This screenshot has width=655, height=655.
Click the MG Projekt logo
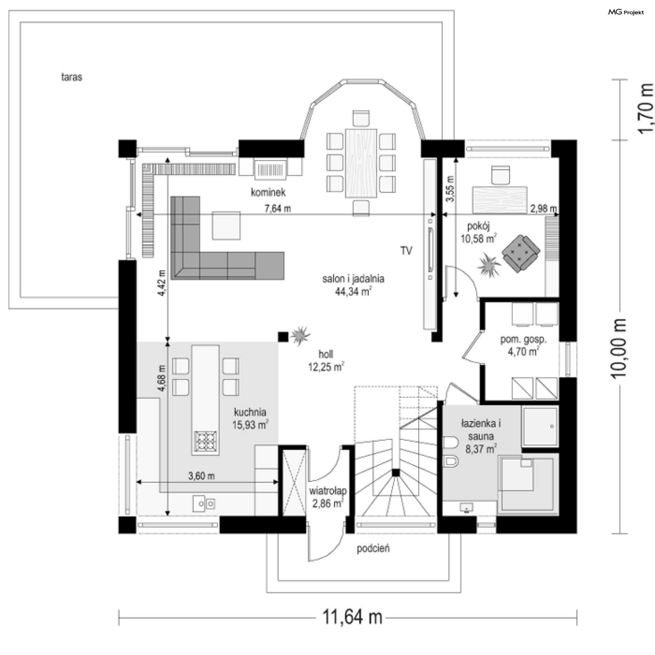tap(626, 12)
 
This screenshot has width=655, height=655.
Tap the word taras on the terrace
tap(72, 77)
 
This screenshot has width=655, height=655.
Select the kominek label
tap(268, 192)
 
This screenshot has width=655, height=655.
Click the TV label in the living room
tap(406, 251)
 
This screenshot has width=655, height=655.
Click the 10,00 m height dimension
tap(618, 348)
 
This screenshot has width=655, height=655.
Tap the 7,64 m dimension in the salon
tap(278, 208)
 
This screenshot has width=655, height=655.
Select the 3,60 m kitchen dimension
tap(201, 476)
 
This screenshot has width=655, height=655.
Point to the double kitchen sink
tap(204, 503)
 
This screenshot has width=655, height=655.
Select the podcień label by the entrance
tap(373, 549)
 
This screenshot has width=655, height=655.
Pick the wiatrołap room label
tap(328, 491)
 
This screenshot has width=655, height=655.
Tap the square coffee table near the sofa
tap(226, 225)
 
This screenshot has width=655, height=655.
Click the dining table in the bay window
tap(361, 163)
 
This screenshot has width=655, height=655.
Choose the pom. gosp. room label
tap(523, 339)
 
